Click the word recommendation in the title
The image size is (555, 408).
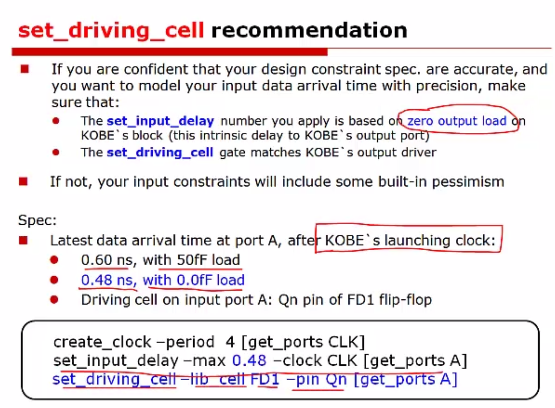tap(309, 30)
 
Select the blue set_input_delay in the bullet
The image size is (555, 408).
tap(160, 121)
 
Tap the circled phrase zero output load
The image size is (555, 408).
tap(457, 121)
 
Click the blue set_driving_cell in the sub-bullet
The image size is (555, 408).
tap(160, 152)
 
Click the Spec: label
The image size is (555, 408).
tap(37, 220)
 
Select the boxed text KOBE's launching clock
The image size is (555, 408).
tap(410, 240)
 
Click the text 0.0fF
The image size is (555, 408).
tap(194, 280)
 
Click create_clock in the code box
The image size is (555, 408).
tap(102, 342)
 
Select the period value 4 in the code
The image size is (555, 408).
tap(230, 342)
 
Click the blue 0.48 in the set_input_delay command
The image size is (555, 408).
tap(249, 361)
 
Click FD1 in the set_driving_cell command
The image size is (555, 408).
tap(265, 379)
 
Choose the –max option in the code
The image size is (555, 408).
tap(204, 361)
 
